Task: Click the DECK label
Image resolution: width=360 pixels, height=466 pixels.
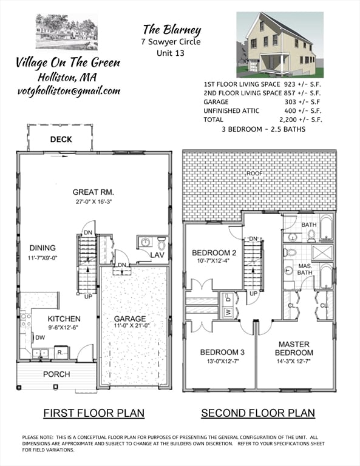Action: click(x=61, y=140)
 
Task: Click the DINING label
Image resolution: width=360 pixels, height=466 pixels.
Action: click(x=41, y=248)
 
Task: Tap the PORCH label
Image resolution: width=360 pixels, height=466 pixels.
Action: click(x=56, y=374)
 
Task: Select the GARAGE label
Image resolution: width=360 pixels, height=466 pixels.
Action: click(x=130, y=319)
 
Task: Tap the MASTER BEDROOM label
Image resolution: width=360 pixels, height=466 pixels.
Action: click(x=294, y=348)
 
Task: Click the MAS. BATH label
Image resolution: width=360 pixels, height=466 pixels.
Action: click(x=305, y=269)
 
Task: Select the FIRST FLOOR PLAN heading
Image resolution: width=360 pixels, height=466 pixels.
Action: click(x=93, y=413)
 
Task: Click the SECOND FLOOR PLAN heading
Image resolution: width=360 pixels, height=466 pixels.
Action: click(x=258, y=413)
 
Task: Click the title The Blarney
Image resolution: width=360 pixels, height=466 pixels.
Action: click(x=171, y=29)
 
